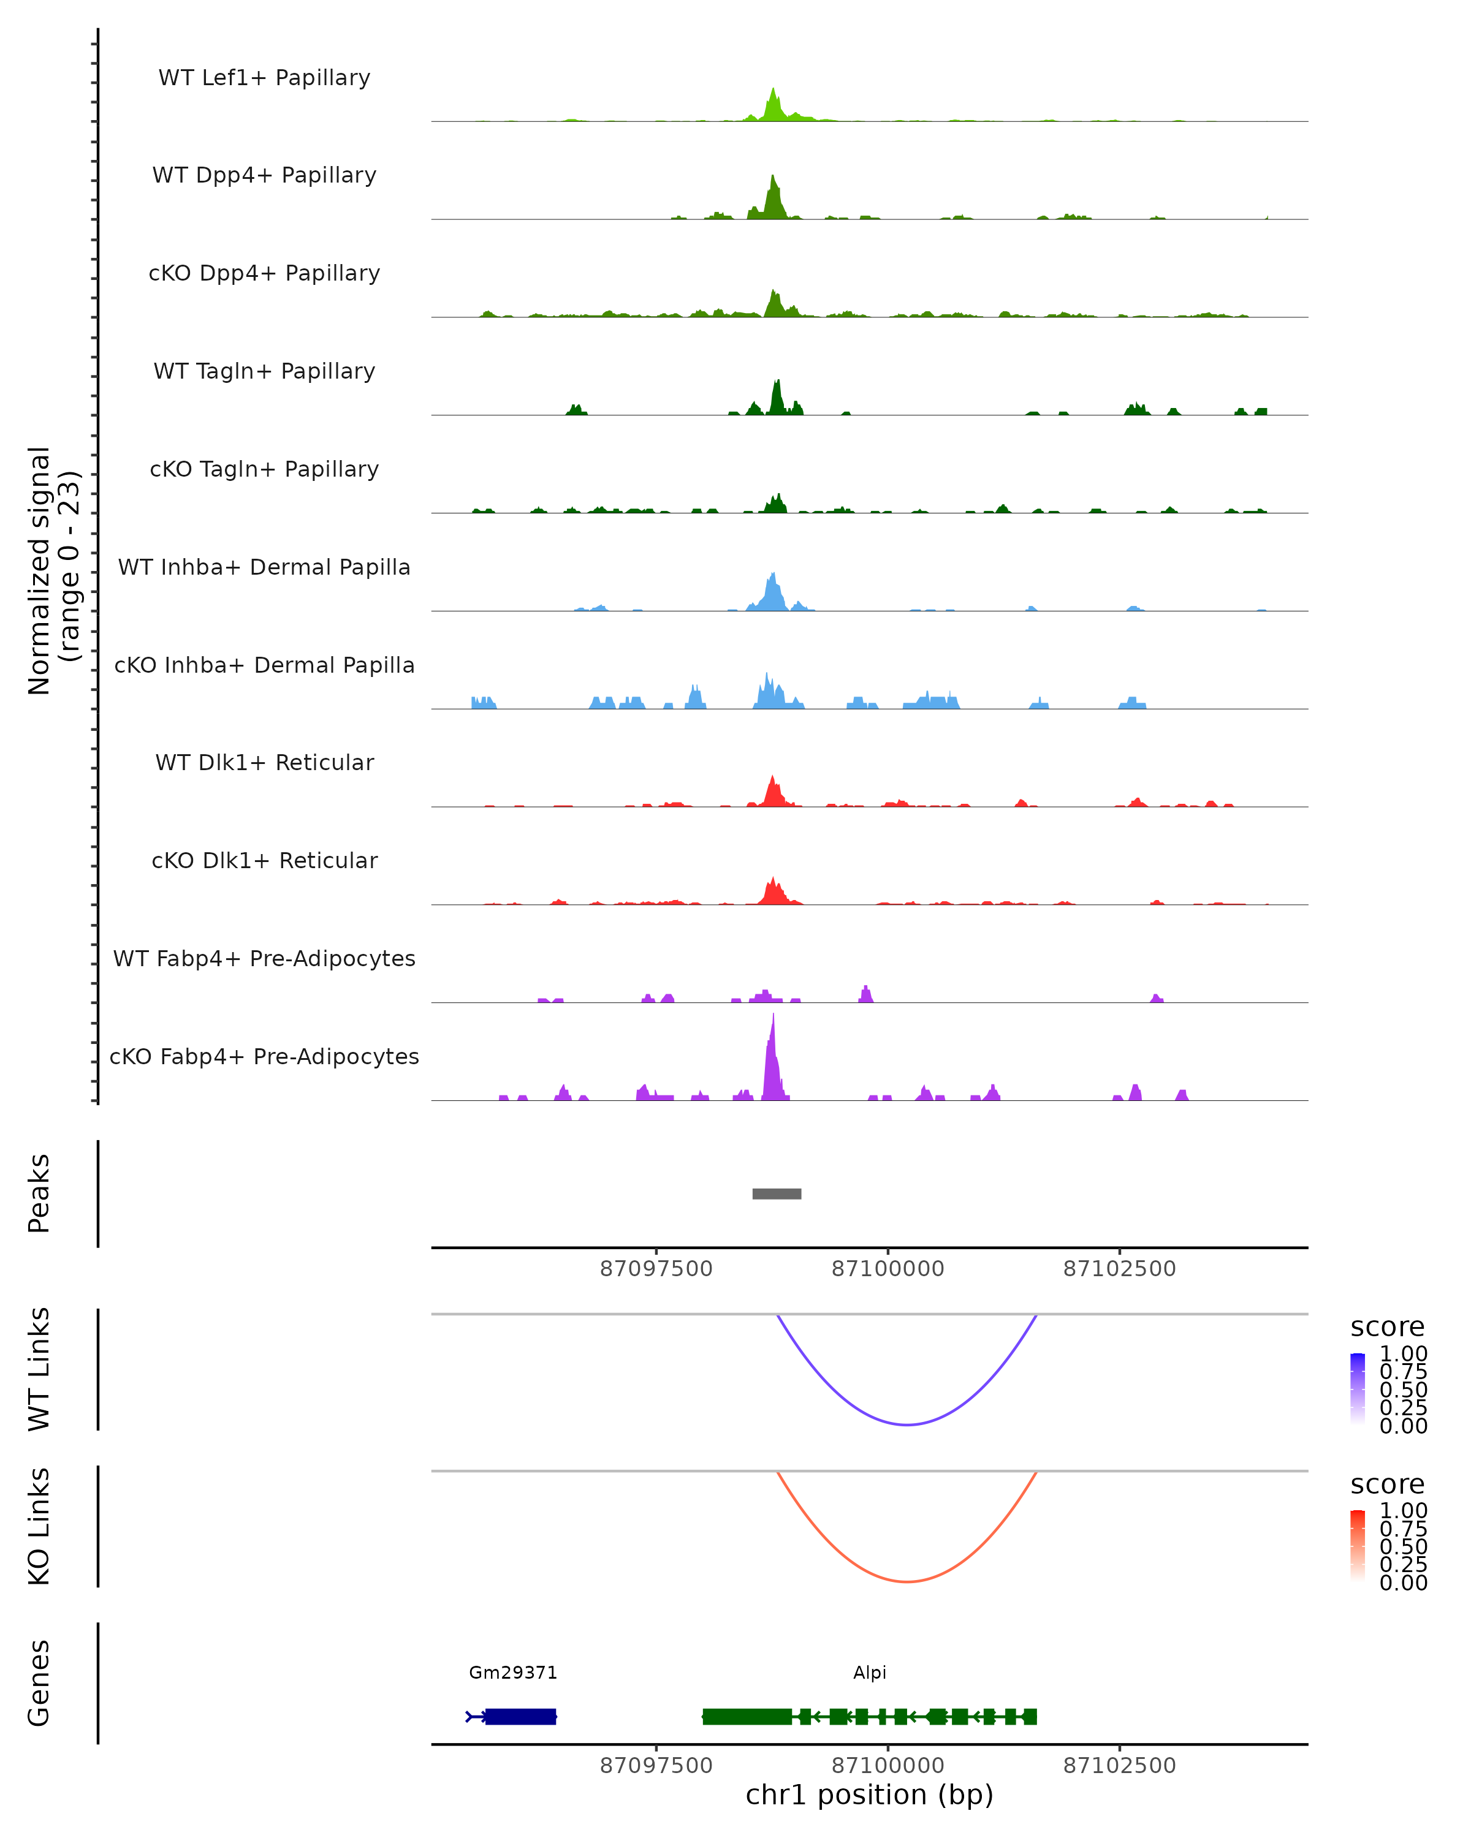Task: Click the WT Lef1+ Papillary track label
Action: point(264,78)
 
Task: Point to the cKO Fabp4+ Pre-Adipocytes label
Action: point(264,1056)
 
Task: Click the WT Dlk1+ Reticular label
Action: point(264,762)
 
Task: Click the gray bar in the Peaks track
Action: point(776,1193)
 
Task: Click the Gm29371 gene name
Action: point(514,1673)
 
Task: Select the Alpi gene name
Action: point(870,1673)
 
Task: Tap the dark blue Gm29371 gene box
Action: point(520,1716)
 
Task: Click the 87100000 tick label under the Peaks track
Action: point(888,1269)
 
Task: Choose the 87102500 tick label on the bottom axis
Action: point(1120,1766)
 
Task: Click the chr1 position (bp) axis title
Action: point(869,1795)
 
